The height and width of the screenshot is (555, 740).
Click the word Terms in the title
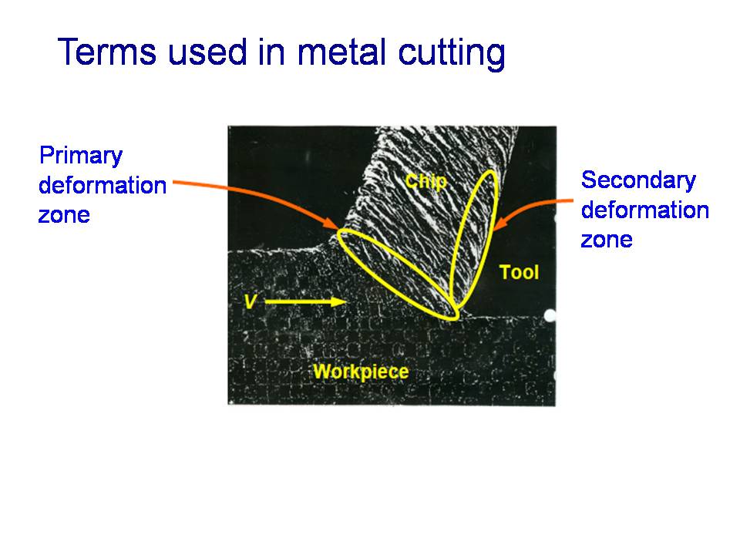click(x=106, y=51)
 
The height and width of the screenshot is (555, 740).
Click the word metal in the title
click(x=343, y=51)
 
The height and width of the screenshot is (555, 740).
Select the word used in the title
click(x=207, y=51)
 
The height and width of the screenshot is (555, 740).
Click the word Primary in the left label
click(x=81, y=156)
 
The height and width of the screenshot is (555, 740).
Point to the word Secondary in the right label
click(x=638, y=180)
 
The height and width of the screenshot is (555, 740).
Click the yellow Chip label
click(x=425, y=181)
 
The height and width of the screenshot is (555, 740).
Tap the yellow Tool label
click(x=519, y=272)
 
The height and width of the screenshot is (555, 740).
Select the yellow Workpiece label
click(x=361, y=372)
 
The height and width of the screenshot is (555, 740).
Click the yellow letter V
click(x=251, y=301)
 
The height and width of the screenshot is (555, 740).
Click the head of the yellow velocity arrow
click(x=341, y=301)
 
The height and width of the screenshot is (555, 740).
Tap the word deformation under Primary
click(x=103, y=186)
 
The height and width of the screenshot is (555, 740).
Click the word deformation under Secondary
click(x=644, y=210)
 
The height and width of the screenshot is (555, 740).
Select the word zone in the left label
click(x=64, y=216)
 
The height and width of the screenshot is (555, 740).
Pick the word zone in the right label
click(x=607, y=240)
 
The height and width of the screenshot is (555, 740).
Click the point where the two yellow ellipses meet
click(x=453, y=307)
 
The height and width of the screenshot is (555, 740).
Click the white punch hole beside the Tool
click(x=550, y=315)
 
